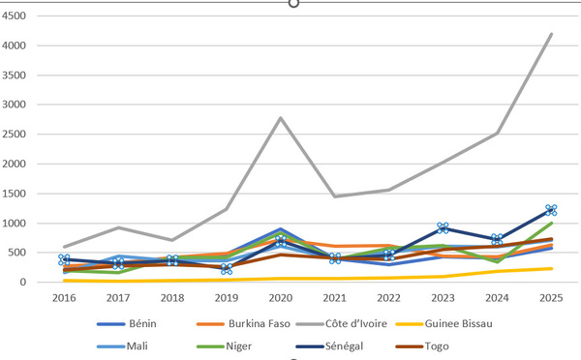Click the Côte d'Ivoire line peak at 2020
coord(281,118)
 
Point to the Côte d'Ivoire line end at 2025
coord(551,34)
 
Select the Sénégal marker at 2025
coord(551,210)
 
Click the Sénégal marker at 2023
coord(443,228)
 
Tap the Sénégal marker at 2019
coord(227,269)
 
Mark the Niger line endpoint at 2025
coord(551,223)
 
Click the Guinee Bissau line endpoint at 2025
coord(551,268)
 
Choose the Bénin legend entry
coord(127,323)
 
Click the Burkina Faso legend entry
coord(243,323)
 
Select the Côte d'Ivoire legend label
coord(356,323)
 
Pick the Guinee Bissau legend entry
coord(443,323)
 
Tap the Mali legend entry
coord(122,346)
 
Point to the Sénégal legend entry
coord(329,346)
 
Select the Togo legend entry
coord(422,346)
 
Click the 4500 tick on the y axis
coord(14,15)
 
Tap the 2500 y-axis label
coord(14,135)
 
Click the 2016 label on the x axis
coord(64,298)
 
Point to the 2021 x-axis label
coord(335,298)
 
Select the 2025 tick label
coord(551,298)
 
